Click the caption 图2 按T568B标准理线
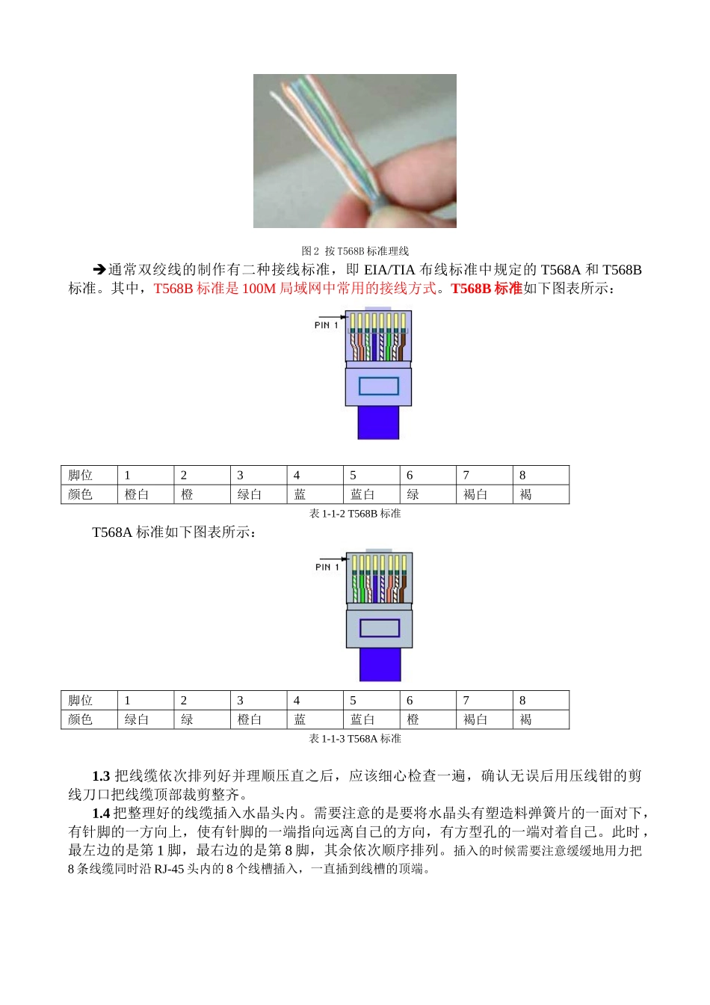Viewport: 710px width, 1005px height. click(354, 251)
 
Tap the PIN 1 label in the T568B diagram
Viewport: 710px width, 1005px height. click(326, 325)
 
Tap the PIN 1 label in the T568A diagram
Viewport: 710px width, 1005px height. click(327, 568)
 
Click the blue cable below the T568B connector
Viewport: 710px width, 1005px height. click(378, 422)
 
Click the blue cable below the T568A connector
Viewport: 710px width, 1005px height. click(380, 664)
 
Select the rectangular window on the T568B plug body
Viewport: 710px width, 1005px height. click(379, 386)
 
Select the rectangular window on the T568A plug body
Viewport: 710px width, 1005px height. click(380, 628)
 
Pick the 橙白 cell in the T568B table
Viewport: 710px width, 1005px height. click(137, 495)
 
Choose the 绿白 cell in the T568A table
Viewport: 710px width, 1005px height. click(137, 720)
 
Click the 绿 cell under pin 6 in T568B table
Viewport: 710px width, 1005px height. click(413, 495)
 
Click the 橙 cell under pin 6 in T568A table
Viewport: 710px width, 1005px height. click(413, 720)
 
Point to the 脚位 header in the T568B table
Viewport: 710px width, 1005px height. click(81, 476)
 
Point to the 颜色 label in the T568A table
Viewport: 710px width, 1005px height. click(81, 720)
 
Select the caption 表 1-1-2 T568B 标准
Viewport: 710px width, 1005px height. click(355, 514)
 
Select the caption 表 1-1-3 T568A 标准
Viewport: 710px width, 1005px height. click(355, 739)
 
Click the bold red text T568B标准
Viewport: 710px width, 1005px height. click(487, 289)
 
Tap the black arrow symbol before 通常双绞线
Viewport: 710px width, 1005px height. click(99, 270)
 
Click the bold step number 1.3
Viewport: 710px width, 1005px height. click(101, 776)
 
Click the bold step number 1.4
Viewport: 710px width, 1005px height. click(101, 814)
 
